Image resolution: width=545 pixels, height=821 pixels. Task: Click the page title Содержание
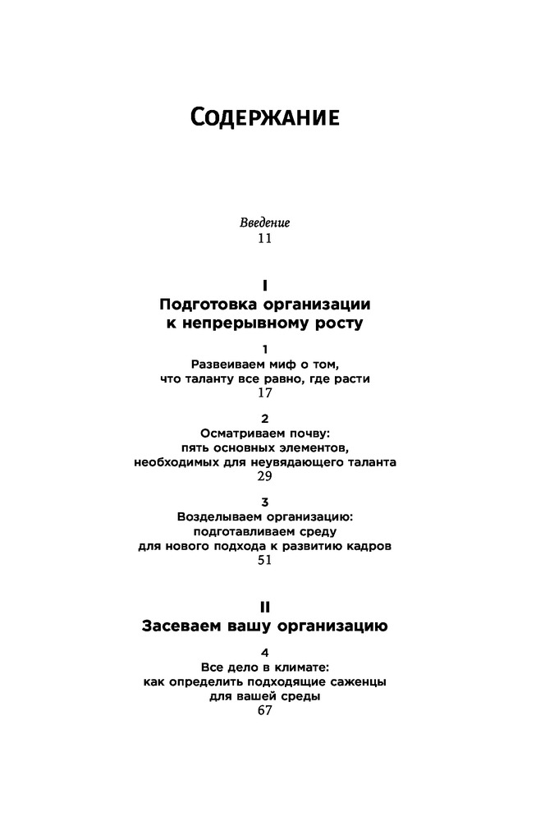click(x=264, y=117)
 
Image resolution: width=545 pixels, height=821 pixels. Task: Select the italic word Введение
click(x=264, y=222)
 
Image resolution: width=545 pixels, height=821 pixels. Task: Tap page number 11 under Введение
click(x=264, y=239)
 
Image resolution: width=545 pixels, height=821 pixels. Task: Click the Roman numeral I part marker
click(x=264, y=286)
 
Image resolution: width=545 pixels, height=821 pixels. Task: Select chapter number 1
click(x=264, y=348)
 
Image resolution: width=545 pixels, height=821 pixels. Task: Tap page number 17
click(x=264, y=394)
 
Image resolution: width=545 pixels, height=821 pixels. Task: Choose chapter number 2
click(x=264, y=417)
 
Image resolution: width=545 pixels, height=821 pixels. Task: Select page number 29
click(x=264, y=477)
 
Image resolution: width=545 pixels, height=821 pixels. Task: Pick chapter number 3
click(x=264, y=501)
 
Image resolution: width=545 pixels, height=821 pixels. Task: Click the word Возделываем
click(x=220, y=516)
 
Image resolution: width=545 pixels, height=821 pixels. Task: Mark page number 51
click(x=264, y=562)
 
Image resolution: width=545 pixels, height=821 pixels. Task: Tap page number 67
click(x=264, y=713)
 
